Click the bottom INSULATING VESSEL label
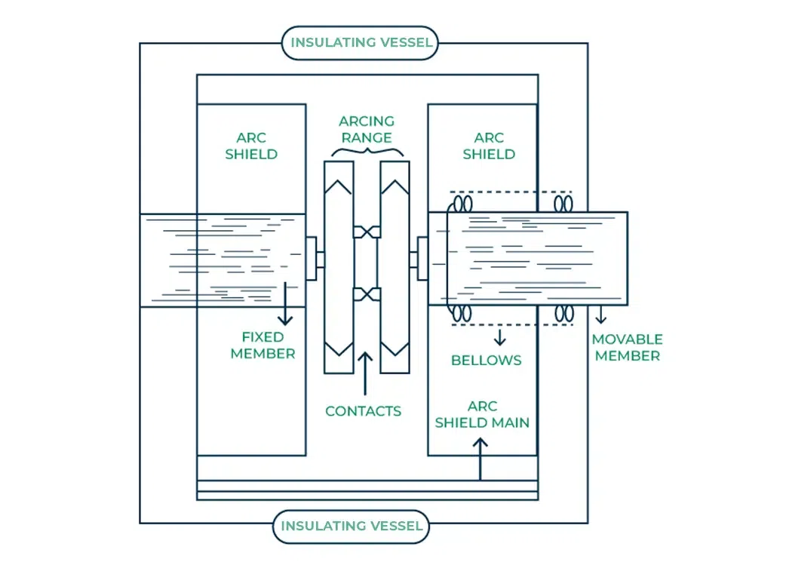(x=352, y=526)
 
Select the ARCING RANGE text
(x=366, y=130)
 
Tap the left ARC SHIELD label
(x=251, y=146)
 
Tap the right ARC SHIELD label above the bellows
(x=489, y=146)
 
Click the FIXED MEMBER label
(x=263, y=345)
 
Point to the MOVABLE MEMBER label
(x=627, y=348)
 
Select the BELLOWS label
(x=487, y=360)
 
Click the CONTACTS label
(x=363, y=411)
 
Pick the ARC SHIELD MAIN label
(x=482, y=414)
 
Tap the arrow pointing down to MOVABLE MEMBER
(x=601, y=315)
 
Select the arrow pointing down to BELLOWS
(x=499, y=336)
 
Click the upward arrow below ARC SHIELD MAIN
(x=480, y=458)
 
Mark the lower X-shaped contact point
(x=366, y=294)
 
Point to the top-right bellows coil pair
(x=563, y=204)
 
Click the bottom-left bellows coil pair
(x=461, y=313)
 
